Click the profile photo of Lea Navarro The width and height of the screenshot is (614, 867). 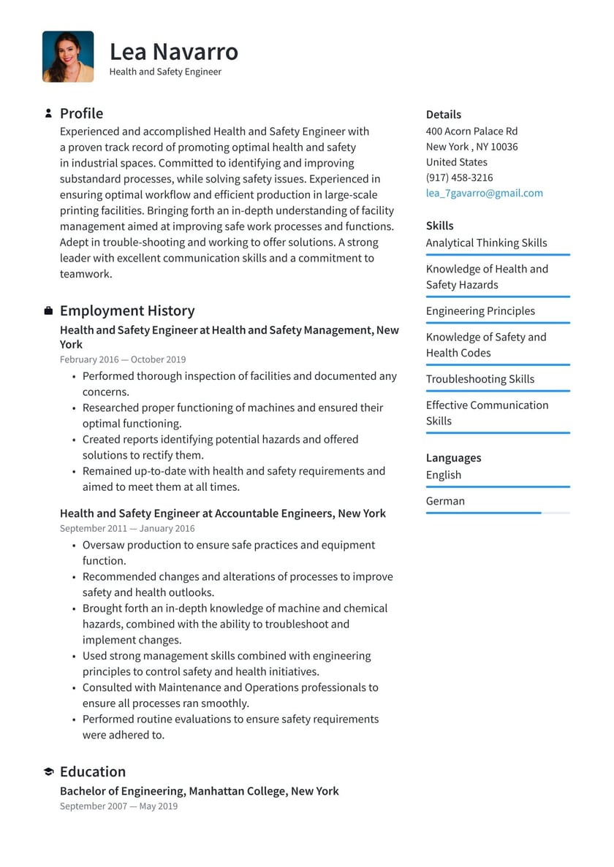[68, 56]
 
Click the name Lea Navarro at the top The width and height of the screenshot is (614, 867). [174, 52]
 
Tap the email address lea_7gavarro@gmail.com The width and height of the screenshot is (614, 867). [484, 193]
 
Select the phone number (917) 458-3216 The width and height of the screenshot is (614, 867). [459, 177]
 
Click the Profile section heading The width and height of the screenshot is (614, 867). [81, 113]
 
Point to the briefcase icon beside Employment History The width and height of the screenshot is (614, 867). [48, 311]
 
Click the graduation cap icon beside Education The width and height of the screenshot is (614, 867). [48, 772]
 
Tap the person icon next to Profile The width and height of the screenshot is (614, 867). [48, 113]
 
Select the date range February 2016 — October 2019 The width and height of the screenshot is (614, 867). [123, 359]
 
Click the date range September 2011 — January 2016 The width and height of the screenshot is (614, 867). [127, 528]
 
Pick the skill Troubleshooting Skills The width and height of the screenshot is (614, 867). [480, 379]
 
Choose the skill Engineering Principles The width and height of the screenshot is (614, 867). [480, 310]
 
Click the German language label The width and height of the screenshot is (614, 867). [445, 501]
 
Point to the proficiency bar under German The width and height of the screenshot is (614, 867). [497, 513]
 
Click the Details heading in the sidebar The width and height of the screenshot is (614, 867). [443, 115]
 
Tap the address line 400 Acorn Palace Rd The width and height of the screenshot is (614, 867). [471, 131]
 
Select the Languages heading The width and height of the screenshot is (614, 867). [453, 458]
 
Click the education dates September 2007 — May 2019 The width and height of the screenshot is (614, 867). [118, 806]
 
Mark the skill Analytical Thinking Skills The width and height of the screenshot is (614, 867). [486, 242]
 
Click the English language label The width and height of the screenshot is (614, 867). [444, 475]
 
